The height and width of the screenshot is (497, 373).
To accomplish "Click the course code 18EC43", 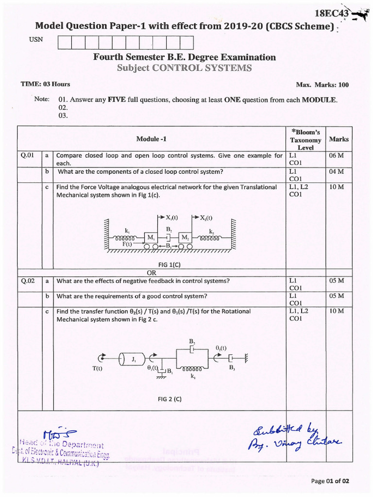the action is tap(332, 14).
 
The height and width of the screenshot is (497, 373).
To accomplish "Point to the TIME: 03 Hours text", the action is tap(45, 84).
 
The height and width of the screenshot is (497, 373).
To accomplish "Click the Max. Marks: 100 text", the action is tap(322, 85).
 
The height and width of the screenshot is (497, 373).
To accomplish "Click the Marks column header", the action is tap(339, 139).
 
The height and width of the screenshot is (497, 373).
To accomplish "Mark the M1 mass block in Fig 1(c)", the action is tap(152, 237).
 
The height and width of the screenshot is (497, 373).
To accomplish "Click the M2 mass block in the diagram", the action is tap(185, 237).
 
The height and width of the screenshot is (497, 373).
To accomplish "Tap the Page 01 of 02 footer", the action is tap(330, 481).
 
